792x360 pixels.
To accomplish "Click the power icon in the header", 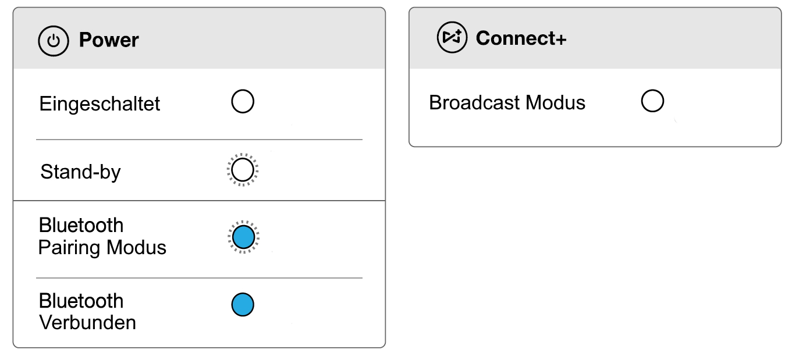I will click(54, 41).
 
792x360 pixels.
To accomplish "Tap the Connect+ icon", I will click(452, 38).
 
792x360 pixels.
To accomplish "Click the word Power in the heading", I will click(109, 41).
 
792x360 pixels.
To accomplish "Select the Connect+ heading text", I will click(521, 38).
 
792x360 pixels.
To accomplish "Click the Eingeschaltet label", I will click(100, 104).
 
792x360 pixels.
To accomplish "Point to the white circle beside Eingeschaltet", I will click(243, 102).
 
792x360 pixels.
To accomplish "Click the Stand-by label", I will click(80, 172).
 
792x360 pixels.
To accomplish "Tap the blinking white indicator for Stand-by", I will click(243, 170).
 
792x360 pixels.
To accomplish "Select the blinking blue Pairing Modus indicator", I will click(243, 237).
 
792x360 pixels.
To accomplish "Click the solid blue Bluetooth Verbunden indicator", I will click(243, 305).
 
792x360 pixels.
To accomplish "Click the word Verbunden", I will click(87, 322).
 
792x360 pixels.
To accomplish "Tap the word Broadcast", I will click(474, 103).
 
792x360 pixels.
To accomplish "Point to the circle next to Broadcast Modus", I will click(652, 101).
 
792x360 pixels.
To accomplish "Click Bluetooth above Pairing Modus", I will click(81, 226).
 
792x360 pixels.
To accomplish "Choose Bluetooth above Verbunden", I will click(81, 301).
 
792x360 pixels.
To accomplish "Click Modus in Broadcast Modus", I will click(555, 103).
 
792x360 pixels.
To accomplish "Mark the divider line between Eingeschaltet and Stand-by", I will click(199, 140).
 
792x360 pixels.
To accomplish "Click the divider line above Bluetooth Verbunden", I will click(199, 278).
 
